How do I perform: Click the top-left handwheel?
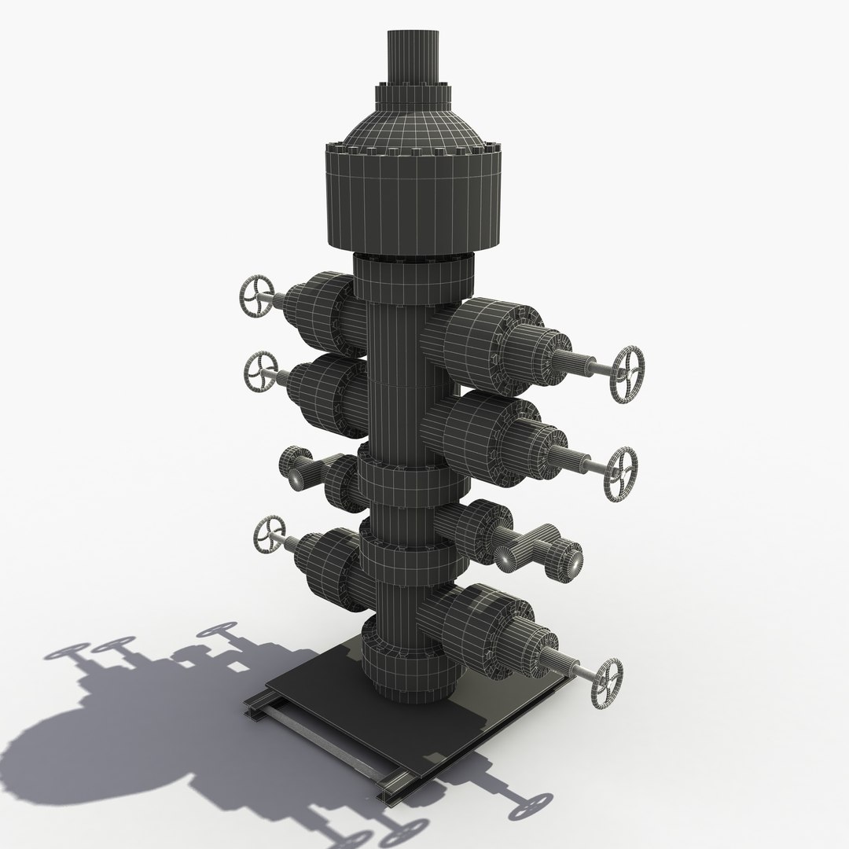click(256, 297)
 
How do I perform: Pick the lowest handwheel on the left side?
click(269, 538)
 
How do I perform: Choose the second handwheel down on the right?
click(620, 474)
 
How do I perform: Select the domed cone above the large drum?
click(411, 126)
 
